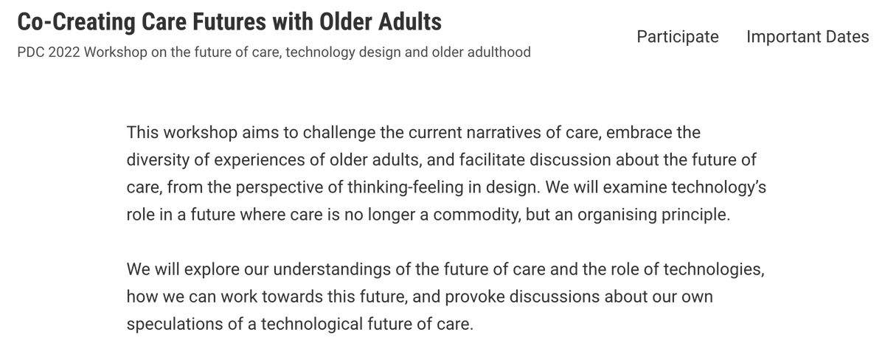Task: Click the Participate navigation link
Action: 677,37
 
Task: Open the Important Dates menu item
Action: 808,37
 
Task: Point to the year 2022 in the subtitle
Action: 62,53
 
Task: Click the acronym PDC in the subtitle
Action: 29,53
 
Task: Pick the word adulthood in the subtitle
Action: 495,53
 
